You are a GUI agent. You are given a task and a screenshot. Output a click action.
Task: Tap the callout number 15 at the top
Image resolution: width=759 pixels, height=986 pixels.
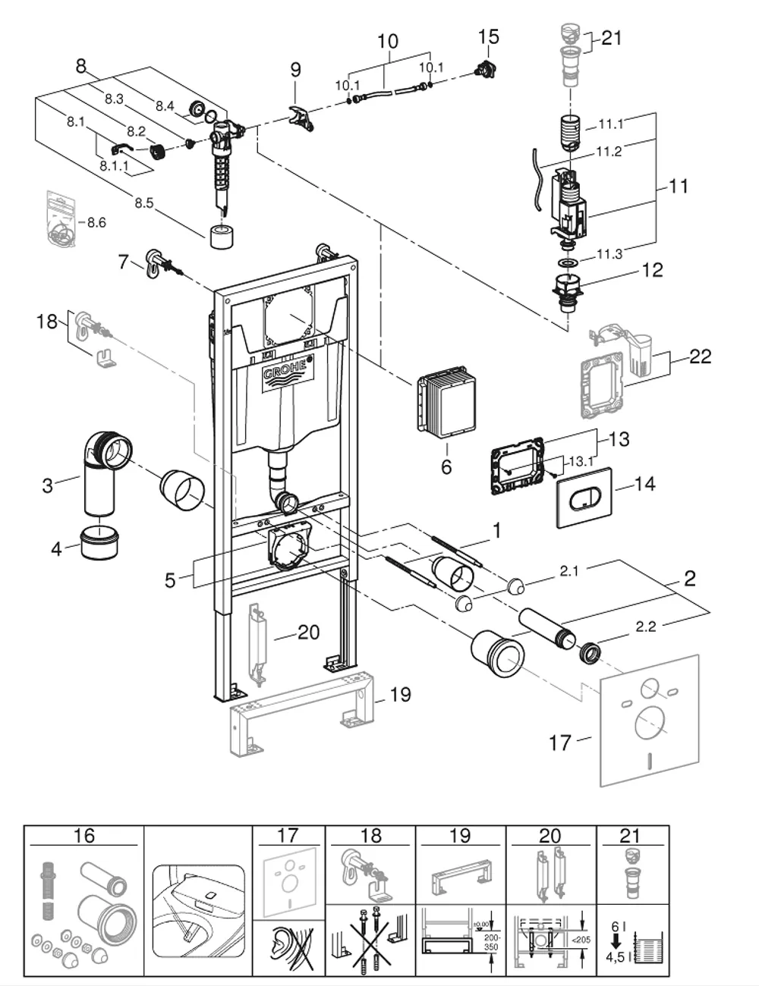488,37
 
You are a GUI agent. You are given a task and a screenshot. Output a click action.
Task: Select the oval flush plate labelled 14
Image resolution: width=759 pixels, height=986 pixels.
584,498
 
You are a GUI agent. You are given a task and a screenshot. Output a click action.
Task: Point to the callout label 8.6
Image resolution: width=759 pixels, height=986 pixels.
96,222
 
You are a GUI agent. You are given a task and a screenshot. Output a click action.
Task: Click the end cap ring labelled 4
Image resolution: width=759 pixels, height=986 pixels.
99,543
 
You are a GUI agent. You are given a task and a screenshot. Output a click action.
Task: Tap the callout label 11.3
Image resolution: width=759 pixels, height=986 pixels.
609,255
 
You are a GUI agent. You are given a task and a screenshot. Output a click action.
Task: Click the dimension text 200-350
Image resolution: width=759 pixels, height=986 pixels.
491,942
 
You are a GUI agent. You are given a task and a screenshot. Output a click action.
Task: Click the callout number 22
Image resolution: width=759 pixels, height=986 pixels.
700,356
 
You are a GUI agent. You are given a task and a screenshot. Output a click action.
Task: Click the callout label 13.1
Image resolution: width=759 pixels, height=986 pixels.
581,461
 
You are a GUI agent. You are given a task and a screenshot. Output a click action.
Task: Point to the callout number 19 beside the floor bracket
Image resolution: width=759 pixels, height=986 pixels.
401,695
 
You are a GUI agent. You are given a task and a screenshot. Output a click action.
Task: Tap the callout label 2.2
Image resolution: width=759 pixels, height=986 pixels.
645,626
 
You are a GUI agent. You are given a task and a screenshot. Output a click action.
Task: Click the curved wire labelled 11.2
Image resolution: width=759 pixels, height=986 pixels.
537,180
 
